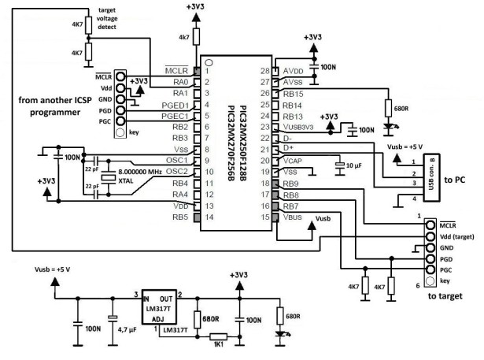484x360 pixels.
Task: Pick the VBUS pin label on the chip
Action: [x=294, y=217]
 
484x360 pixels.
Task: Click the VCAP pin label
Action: [x=294, y=160]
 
